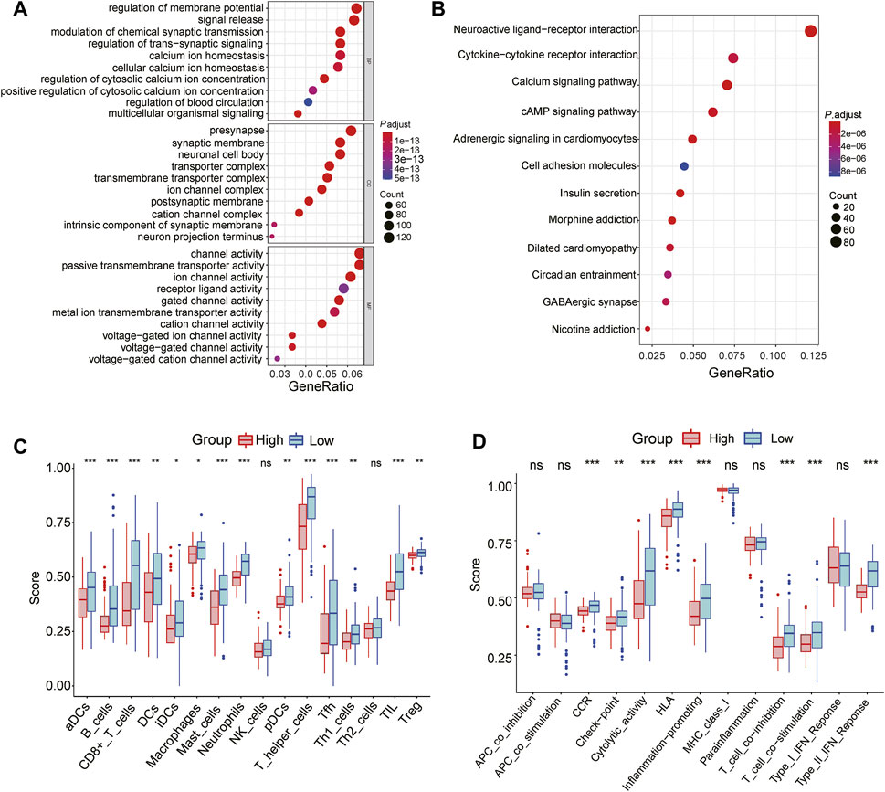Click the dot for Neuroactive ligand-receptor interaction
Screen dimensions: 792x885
pyautogui.click(x=810, y=31)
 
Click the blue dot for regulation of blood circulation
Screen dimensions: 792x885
pyautogui.click(x=308, y=102)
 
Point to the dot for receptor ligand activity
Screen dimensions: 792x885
pyautogui.click(x=343, y=289)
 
